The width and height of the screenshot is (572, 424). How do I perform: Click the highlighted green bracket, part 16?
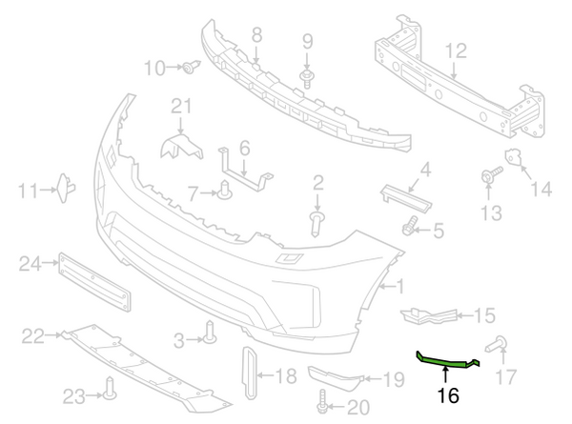pyautogui.click(x=446, y=360)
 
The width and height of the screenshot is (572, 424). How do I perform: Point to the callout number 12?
pyautogui.click(x=455, y=50)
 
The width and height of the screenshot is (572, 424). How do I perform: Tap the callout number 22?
pyautogui.click(x=33, y=335)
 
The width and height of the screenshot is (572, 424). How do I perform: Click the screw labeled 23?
pyautogui.click(x=111, y=386)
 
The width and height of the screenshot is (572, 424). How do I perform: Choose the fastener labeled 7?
pyautogui.click(x=226, y=191)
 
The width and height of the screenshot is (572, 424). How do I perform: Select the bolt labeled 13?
pyautogui.click(x=492, y=174)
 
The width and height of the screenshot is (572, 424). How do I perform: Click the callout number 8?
pyautogui.click(x=256, y=35)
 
